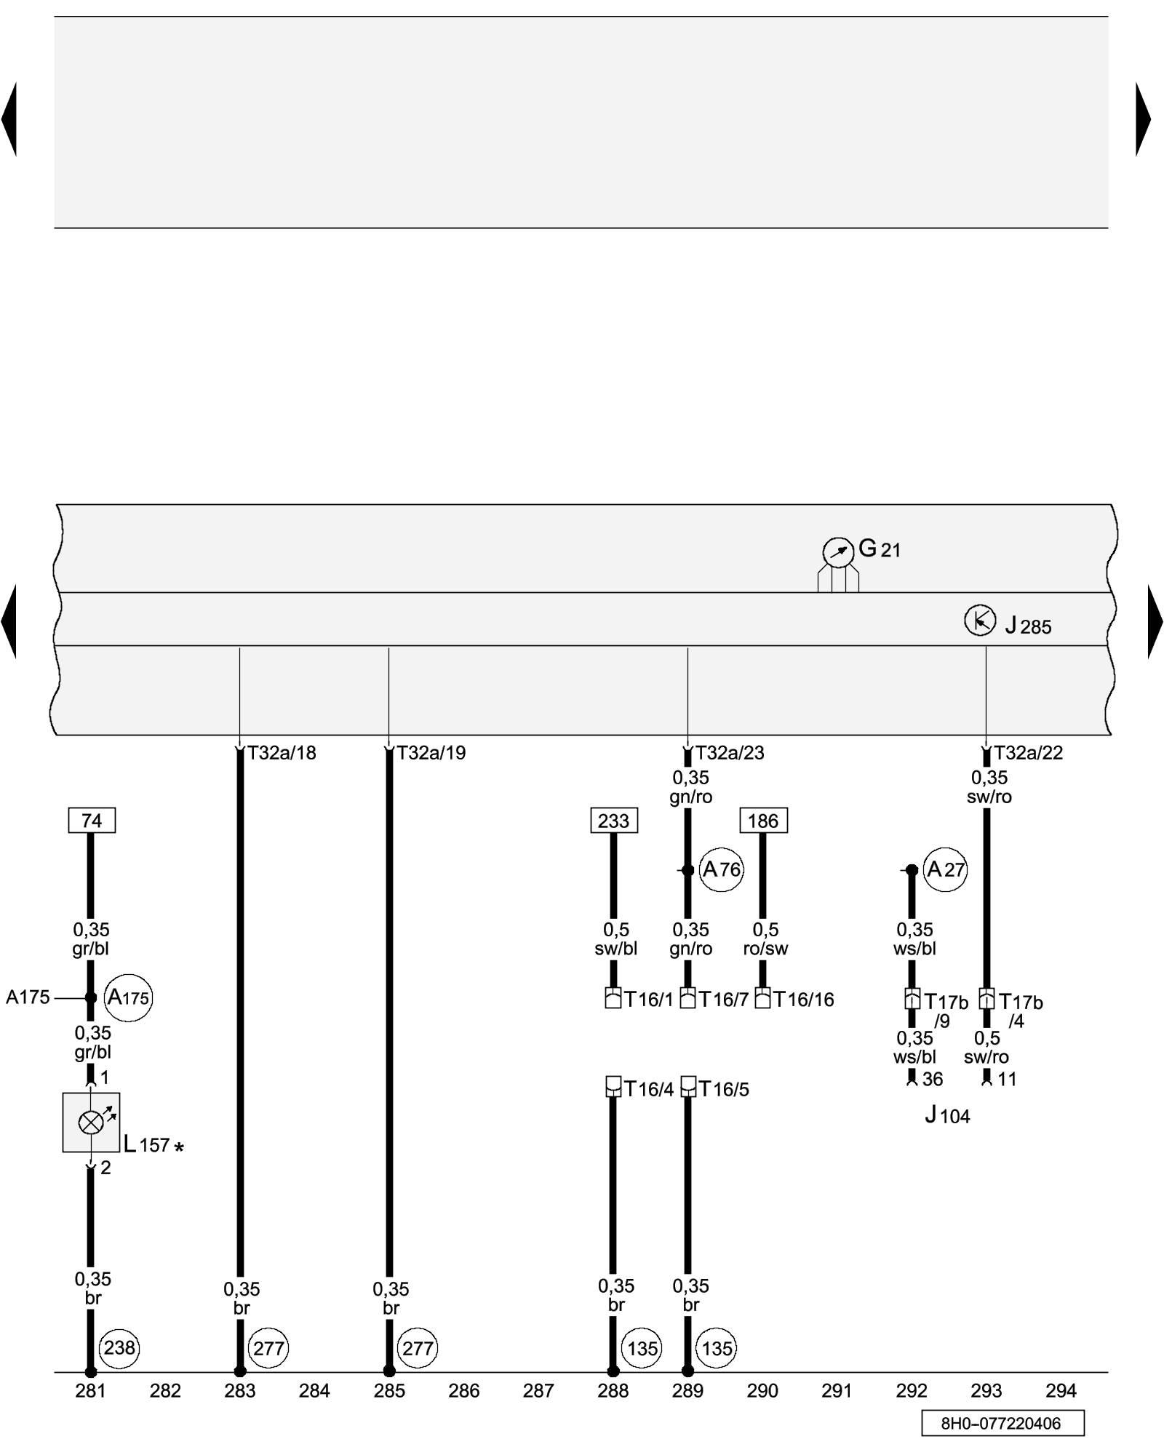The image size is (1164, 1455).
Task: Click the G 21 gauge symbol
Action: [837, 553]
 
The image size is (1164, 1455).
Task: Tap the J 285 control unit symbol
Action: [979, 621]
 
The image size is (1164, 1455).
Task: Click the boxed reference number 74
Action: [92, 821]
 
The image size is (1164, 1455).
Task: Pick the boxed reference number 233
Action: [613, 821]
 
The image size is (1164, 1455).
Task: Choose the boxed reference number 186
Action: [763, 821]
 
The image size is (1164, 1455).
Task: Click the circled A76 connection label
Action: [721, 869]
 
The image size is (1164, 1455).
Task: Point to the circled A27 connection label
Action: [945, 869]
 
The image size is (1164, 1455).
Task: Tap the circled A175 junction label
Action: [128, 997]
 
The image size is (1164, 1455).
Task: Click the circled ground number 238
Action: [119, 1348]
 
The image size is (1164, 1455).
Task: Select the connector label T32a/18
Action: [282, 753]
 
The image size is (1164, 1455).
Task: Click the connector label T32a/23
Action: [730, 753]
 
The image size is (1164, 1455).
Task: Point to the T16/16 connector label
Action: [803, 1000]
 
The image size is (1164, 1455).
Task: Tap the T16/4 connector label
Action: [649, 1089]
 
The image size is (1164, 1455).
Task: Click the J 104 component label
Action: [947, 1115]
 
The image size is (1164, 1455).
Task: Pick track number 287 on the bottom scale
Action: [538, 1391]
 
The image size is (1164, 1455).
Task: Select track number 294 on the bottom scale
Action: [1061, 1391]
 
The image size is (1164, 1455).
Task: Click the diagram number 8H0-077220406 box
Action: [1002, 1423]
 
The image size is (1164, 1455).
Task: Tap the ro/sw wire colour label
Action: [765, 949]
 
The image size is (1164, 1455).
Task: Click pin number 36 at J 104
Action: [932, 1079]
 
